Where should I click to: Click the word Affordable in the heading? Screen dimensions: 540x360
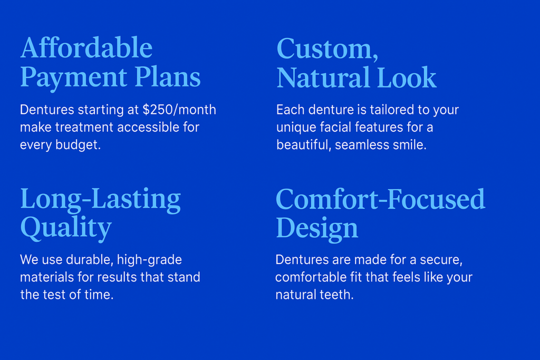pyautogui.click(x=86, y=47)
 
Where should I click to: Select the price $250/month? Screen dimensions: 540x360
pyautogui.click(x=179, y=110)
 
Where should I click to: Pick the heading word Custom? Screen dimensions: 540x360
pyautogui.click(x=327, y=49)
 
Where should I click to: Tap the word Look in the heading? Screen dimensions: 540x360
pyautogui.click(x=407, y=77)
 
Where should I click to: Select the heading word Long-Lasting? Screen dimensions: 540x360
pyautogui.click(x=101, y=199)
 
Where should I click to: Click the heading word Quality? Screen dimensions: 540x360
pyautogui.click(x=66, y=228)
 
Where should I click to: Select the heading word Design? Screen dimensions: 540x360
pyautogui.click(x=317, y=228)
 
